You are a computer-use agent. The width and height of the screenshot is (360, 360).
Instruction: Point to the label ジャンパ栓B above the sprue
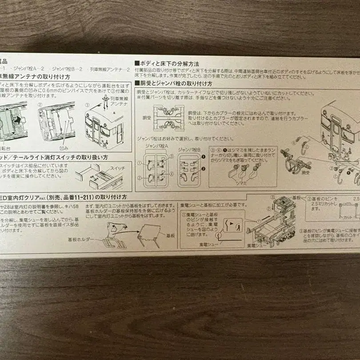click(x=189, y=151)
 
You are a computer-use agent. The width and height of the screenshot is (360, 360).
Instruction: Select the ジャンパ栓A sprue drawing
click(x=156, y=170)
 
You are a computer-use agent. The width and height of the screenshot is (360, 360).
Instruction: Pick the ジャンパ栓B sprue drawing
click(x=189, y=171)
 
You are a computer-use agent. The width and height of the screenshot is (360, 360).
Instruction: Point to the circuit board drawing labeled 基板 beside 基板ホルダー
click(x=149, y=235)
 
